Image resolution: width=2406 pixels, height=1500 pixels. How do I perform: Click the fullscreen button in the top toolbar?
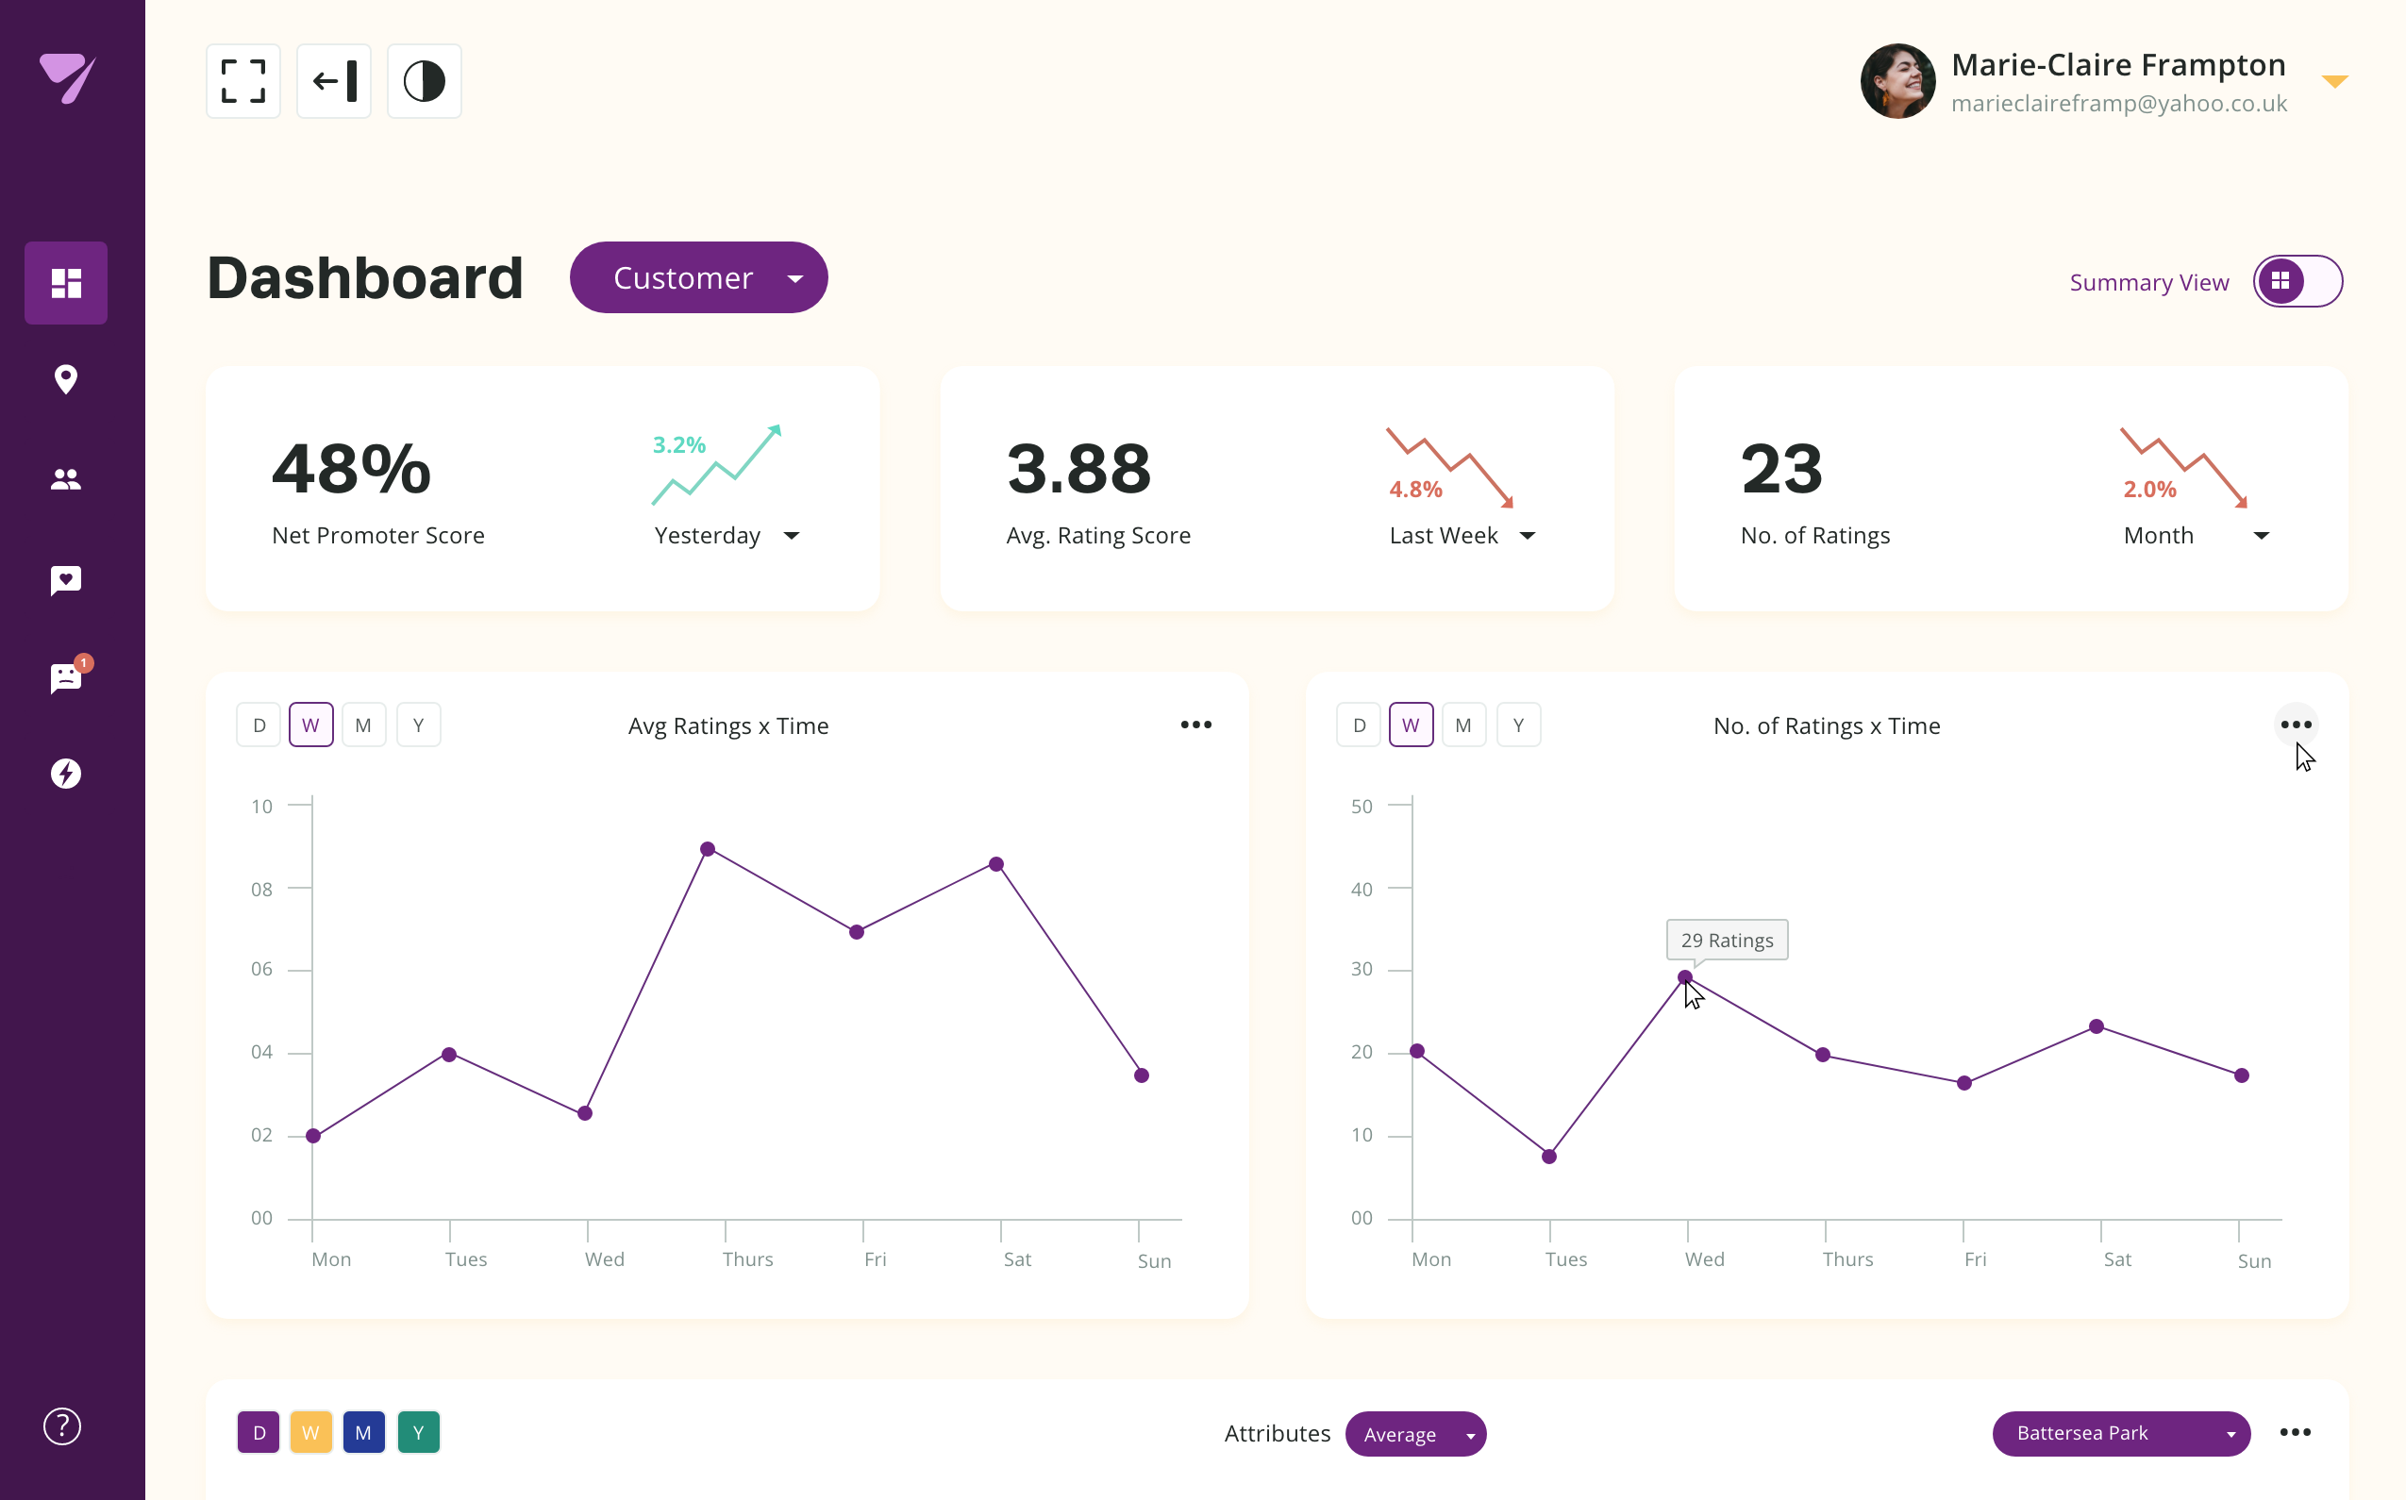click(243, 81)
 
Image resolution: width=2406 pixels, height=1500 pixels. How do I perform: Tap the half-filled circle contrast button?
click(424, 81)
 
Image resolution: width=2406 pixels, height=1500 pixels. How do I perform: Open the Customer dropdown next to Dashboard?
click(698, 277)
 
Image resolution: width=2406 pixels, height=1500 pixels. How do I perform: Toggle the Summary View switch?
click(2297, 282)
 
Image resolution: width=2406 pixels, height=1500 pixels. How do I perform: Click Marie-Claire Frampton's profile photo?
click(1897, 81)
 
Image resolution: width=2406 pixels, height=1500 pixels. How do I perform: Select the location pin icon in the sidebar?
click(65, 379)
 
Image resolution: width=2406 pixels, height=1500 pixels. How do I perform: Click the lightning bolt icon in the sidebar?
click(65, 773)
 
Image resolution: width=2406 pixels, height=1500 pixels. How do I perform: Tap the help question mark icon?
click(61, 1426)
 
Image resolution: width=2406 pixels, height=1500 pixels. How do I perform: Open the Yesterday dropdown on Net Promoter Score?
click(727, 536)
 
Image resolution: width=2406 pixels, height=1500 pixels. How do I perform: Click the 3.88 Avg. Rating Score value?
click(1078, 469)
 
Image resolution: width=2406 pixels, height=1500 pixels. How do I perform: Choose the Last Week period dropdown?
click(1462, 536)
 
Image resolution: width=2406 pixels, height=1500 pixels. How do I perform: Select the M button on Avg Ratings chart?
click(363, 725)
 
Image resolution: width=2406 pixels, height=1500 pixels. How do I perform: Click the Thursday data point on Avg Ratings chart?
click(708, 849)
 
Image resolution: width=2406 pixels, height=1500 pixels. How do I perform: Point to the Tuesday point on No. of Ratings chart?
click(1548, 1156)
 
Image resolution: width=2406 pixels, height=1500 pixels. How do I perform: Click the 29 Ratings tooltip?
click(1727, 940)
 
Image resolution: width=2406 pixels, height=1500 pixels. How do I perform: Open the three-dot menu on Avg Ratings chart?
click(1195, 725)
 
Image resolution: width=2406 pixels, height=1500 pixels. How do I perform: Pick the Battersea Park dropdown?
click(2120, 1434)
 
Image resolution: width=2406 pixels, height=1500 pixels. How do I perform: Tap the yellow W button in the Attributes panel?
click(310, 1432)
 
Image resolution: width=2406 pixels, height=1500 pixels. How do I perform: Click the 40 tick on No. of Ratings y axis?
click(1362, 889)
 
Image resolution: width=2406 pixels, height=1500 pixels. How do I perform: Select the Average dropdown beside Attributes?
click(1415, 1435)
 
